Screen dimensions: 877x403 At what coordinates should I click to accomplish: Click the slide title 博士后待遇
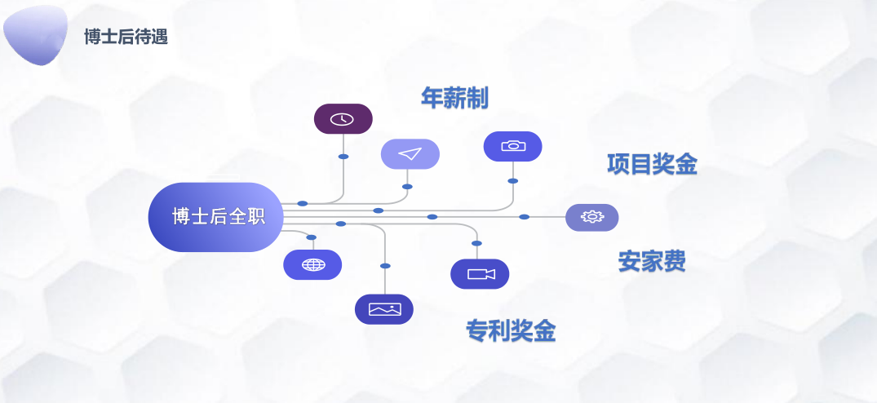coord(126,37)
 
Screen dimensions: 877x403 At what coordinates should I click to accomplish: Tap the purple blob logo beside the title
coord(35,35)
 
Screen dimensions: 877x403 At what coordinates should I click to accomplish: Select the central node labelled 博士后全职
coord(216,217)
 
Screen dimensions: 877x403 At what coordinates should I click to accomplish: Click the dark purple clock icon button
coord(343,119)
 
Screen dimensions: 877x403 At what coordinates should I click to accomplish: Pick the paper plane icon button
coord(410,153)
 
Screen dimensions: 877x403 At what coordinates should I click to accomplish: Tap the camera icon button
coord(513,147)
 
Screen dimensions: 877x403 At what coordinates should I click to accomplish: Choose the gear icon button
coord(591,218)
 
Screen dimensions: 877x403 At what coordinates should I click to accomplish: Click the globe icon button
coord(312,264)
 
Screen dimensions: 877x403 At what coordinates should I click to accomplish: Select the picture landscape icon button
coord(384,309)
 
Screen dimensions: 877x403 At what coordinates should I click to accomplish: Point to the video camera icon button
coord(480,274)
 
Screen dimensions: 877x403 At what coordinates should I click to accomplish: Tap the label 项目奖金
coord(652,164)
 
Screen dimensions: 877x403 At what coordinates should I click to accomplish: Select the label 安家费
coord(652,261)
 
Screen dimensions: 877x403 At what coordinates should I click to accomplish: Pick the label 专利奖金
coord(512,331)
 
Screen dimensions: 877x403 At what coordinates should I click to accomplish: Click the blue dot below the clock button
coord(343,157)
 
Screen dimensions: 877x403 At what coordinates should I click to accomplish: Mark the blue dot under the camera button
coord(513,181)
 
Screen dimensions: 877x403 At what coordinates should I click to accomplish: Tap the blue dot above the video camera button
coord(476,243)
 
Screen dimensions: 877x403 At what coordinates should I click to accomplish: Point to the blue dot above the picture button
coord(385,266)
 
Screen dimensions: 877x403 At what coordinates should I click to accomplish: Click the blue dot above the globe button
coord(312,237)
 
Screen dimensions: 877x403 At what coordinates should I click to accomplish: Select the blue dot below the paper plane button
coord(407,187)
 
